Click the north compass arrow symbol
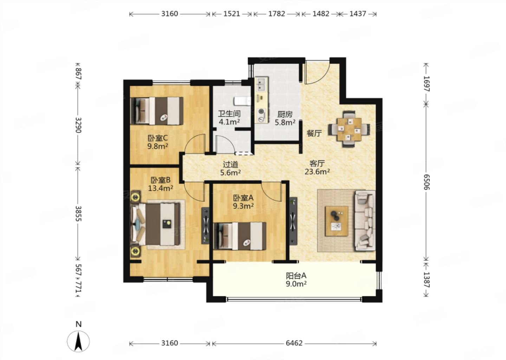[x=78, y=341]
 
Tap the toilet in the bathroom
[x=242, y=101]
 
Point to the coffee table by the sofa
[x=336, y=221]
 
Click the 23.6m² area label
[x=317, y=172]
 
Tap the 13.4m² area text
[x=161, y=188]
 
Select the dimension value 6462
[x=294, y=343]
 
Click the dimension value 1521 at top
[x=232, y=14]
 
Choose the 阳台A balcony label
[x=296, y=276]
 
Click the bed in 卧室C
[x=157, y=111]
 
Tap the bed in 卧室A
[x=240, y=236]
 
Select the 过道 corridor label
[x=231, y=164]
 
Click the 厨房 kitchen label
[x=285, y=114]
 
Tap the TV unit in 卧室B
[x=206, y=226]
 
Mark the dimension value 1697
[x=427, y=84]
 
